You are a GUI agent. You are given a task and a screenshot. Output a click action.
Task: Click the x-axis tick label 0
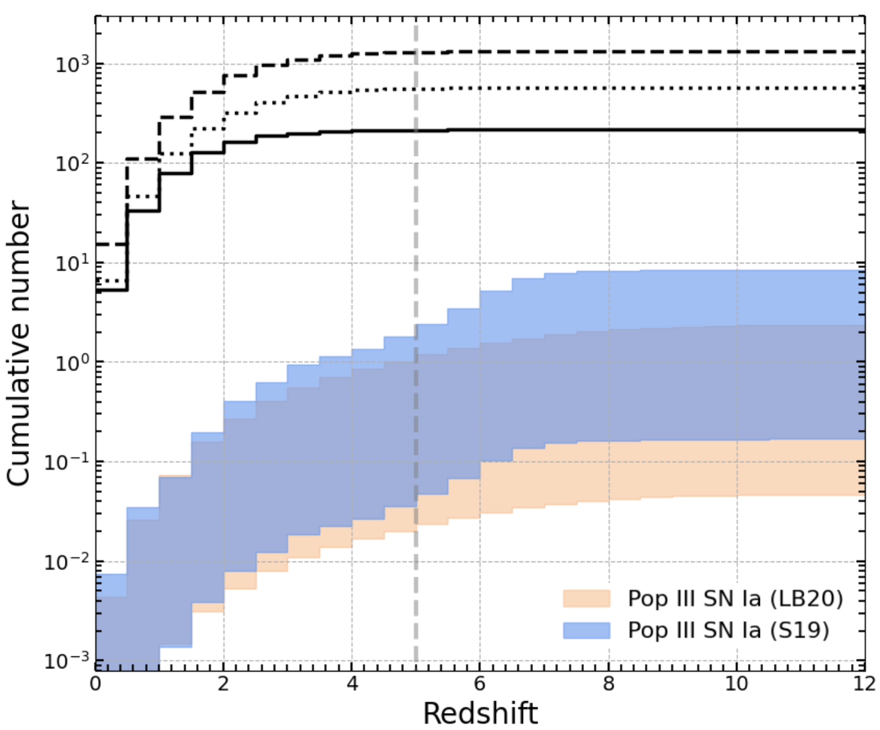pyautogui.click(x=96, y=683)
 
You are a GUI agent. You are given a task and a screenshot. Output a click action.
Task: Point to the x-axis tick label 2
pyautogui.click(x=224, y=683)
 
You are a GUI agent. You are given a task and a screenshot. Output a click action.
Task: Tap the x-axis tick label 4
pyautogui.click(x=352, y=683)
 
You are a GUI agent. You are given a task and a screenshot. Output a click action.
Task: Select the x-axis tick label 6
pyautogui.click(x=480, y=683)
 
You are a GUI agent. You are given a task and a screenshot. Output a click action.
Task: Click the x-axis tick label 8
pyautogui.click(x=608, y=683)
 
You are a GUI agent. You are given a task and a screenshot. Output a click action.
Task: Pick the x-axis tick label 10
pyautogui.click(x=737, y=683)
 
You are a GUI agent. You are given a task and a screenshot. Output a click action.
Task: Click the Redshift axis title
pyautogui.click(x=480, y=714)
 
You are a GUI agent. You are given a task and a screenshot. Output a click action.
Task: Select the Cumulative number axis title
pyautogui.click(x=19, y=343)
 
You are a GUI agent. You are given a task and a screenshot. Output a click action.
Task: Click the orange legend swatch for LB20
pyautogui.click(x=586, y=599)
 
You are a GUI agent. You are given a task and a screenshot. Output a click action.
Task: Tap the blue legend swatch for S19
pyautogui.click(x=586, y=630)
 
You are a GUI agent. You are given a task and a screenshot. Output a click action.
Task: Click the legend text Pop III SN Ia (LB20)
pyautogui.click(x=735, y=599)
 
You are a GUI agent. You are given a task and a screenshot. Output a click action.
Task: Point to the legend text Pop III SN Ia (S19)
pyautogui.click(x=729, y=630)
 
